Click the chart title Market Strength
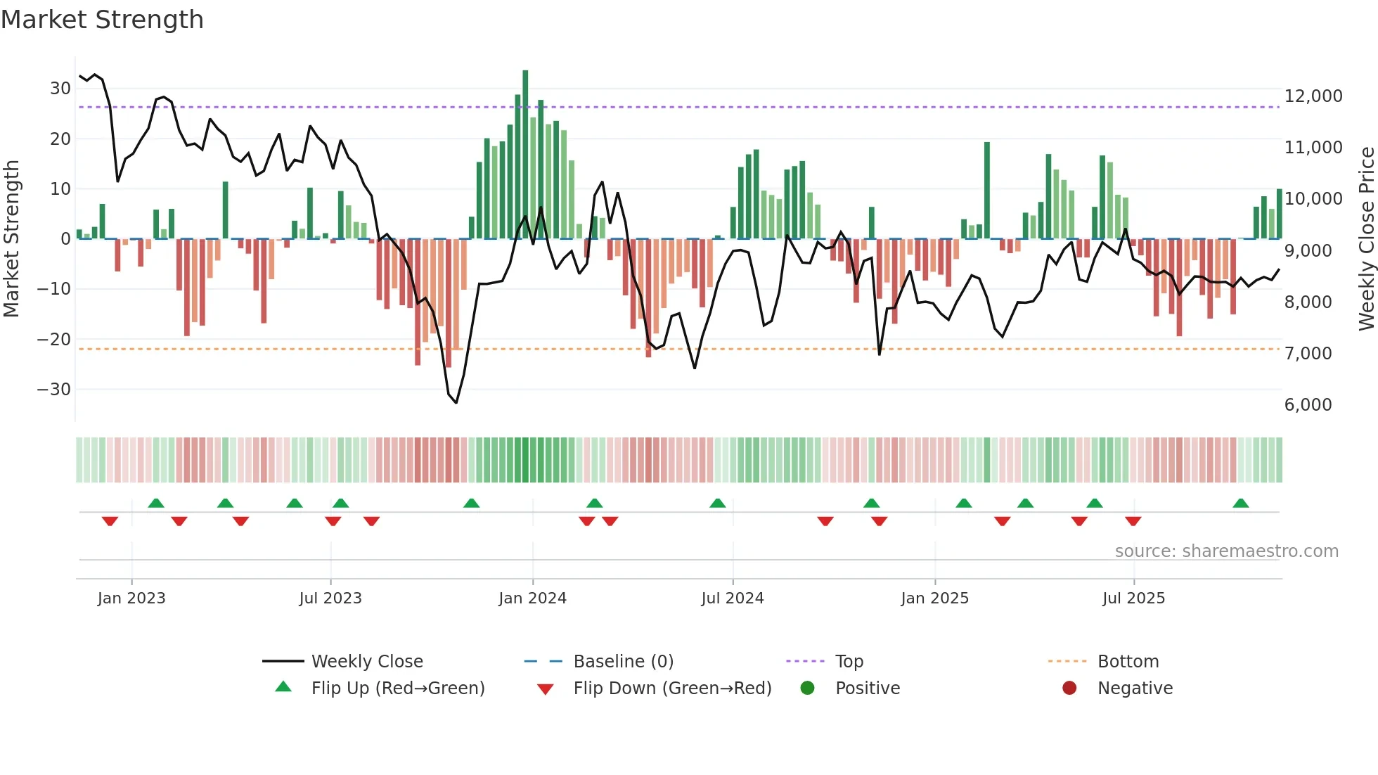coord(102,20)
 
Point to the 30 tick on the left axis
coord(60,89)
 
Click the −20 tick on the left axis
coord(54,340)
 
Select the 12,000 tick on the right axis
coord(1313,96)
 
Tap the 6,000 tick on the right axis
coord(1308,405)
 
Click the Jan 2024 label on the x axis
coord(532,598)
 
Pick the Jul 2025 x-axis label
coord(1133,598)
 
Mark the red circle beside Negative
coord(1069,688)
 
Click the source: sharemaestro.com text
coord(1226,551)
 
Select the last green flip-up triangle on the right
coord(1240,504)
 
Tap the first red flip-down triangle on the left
coord(110,521)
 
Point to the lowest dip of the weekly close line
coord(456,402)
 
